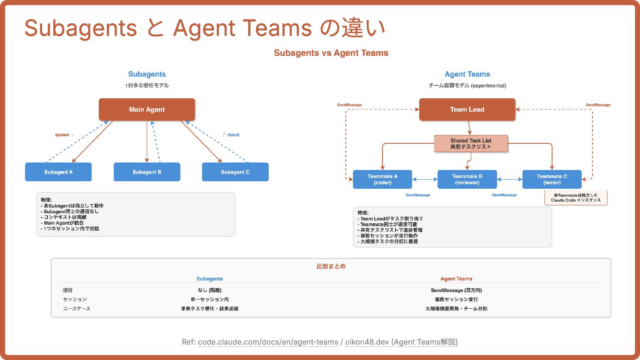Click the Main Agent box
147,110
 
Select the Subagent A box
58,172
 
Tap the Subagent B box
147,172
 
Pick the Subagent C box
235,172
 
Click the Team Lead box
467,110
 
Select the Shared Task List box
471,144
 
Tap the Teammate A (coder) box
382,179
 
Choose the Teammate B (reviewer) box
467,179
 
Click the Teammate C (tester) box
552,179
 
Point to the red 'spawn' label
62,135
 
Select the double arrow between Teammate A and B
425,180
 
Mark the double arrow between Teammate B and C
510,180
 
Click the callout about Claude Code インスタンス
576,198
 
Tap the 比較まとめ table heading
331,266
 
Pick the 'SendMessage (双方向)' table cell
456,290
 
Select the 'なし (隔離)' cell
210,290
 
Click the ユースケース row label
77,309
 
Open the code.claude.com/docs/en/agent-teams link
268,342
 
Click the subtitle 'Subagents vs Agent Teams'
331,53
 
